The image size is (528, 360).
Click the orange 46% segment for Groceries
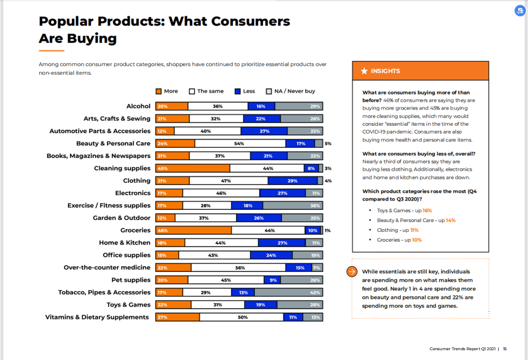click(x=194, y=230)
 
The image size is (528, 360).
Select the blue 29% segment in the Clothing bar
click(x=292, y=180)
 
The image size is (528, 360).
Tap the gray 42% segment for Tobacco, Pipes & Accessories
click(x=288, y=292)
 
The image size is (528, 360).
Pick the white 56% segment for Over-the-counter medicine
click(x=238, y=268)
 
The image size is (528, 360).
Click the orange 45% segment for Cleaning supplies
click(x=193, y=168)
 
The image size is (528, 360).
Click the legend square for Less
click(x=238, y=91)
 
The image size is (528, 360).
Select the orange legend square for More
click(x=158, y=91)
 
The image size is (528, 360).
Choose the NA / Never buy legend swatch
click(x=268, y=91)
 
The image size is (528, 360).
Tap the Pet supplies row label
click(x=131, y=280)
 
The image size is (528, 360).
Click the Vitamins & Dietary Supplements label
click(x=97, y=317)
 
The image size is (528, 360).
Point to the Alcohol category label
click(x=138, y=106)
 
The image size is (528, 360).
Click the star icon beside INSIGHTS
click(x=364, y=71)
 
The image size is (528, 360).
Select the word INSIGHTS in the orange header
click(x=385, y=71)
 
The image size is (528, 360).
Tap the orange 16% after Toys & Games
click(x=427, y=210)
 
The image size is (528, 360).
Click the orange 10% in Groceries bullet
click(x=417, y=240)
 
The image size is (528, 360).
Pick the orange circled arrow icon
click(x=352, y=271)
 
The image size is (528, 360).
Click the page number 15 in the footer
click(x=505, y=349)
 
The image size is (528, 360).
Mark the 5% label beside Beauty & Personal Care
click(x=328, y=143)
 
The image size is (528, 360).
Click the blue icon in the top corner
click(x=520, y=11)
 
